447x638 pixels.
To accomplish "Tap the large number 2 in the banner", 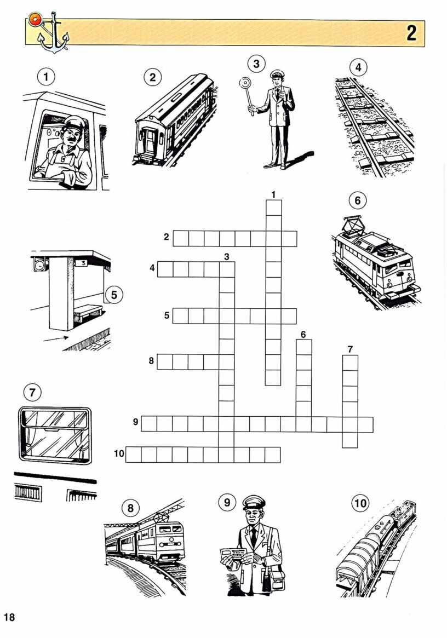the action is click(411, 33).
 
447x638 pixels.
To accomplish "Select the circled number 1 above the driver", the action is click(46, 77).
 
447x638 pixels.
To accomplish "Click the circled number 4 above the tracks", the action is click(358, 67).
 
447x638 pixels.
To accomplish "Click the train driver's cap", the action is click(74, 122).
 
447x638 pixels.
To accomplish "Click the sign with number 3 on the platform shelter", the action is click(83, 263).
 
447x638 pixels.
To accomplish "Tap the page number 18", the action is click(9, 617).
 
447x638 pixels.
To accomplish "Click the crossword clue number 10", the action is click(119, 453).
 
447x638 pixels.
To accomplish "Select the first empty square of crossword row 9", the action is click(149, 424).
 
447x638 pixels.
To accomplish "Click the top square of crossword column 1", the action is click(273, 208).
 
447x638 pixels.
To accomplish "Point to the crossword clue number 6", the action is click(303, 335).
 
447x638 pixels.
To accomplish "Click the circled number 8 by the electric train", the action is click(130, 508).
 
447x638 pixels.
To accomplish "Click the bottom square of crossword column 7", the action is click(350, 440).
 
